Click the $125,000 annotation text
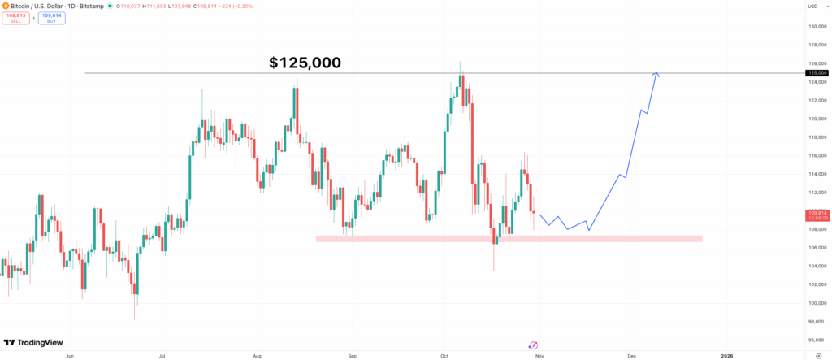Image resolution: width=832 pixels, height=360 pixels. pos(305,63)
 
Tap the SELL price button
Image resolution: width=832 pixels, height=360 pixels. pos(16,18)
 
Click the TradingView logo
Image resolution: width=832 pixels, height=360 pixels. pos(33,343)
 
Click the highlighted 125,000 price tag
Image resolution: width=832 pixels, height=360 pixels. pos(817,73)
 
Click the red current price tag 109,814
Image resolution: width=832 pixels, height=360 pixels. pos(817,214)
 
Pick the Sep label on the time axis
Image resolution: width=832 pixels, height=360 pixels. pos(352,355)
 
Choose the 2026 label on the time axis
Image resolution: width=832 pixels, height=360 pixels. pos(726,355)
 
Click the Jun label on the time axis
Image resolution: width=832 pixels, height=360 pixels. pos(69,355)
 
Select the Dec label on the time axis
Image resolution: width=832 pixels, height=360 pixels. pos(630,355)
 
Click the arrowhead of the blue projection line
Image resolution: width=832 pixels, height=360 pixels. pos(656,76)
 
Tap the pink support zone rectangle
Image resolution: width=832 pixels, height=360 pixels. pos(508,238)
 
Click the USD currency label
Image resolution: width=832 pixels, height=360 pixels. pos(812,7)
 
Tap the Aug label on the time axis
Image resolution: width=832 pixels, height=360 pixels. pos(257,355)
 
